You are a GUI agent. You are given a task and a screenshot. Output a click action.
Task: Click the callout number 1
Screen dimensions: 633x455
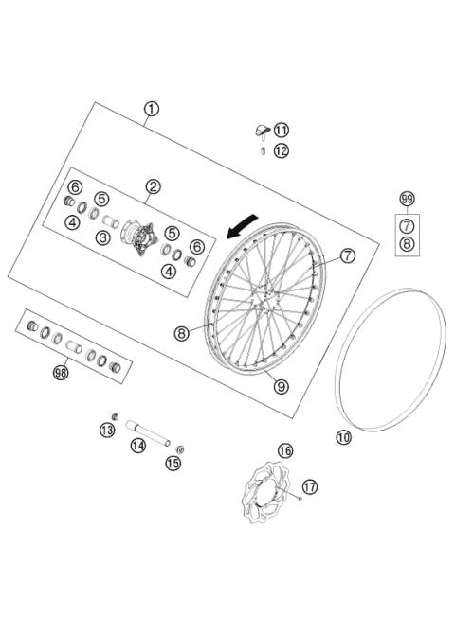(152, 109)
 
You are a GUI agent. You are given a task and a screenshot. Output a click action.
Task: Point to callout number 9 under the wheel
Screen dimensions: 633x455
(280, 384)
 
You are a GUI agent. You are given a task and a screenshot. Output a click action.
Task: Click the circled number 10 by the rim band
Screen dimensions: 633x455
(343, 437)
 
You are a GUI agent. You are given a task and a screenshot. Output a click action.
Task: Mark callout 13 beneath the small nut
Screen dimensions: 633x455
(107, 431)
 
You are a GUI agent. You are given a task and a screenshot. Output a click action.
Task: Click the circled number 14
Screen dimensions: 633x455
(138, 446)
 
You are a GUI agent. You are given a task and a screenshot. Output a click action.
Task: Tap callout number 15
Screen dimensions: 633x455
(173, 463)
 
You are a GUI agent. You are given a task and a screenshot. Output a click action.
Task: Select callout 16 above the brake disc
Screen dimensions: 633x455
(284, 449)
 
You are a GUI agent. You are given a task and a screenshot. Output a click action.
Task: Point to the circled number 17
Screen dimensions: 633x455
(310, 486)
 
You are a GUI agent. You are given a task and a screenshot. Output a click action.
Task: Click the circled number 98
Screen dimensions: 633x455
(62, 373)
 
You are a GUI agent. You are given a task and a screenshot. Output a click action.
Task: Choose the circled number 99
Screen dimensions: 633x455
(407, 199)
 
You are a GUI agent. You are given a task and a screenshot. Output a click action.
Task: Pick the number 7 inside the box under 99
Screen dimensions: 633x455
(407, 225)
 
